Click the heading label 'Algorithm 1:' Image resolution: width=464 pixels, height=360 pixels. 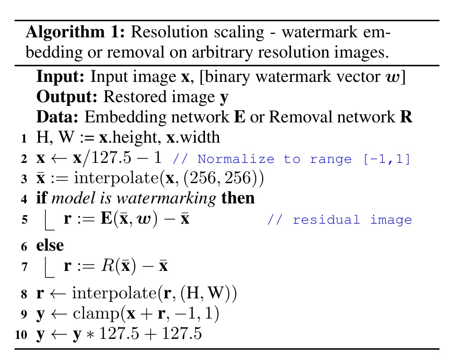tap(75, 32)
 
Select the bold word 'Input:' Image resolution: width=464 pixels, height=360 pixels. tap(60, 76)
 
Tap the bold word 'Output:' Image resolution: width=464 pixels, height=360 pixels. tap(67, 97)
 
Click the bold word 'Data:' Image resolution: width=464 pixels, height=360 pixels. tap(58, 117)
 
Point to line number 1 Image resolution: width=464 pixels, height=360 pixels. tap(24, 139)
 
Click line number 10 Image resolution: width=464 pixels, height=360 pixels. tap(21, 335)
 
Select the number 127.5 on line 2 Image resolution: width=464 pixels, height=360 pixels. tap(111, 157)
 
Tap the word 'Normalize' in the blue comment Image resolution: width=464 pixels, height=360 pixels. tap(236, 159)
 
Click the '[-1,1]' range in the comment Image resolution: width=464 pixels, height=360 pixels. tap(387, 159)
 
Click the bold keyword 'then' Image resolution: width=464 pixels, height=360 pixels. tap(238, 198)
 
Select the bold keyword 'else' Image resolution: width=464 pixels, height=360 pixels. tap(50, 245)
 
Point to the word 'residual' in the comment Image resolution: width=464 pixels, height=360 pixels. tap(326, 220)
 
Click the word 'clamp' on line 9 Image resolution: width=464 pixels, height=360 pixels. tap(96, 313)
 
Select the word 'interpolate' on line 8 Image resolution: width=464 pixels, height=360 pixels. tap(115, 293)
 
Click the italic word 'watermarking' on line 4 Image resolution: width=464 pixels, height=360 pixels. tap(167, 198)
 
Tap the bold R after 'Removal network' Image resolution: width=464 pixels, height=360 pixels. tap(406, 117)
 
